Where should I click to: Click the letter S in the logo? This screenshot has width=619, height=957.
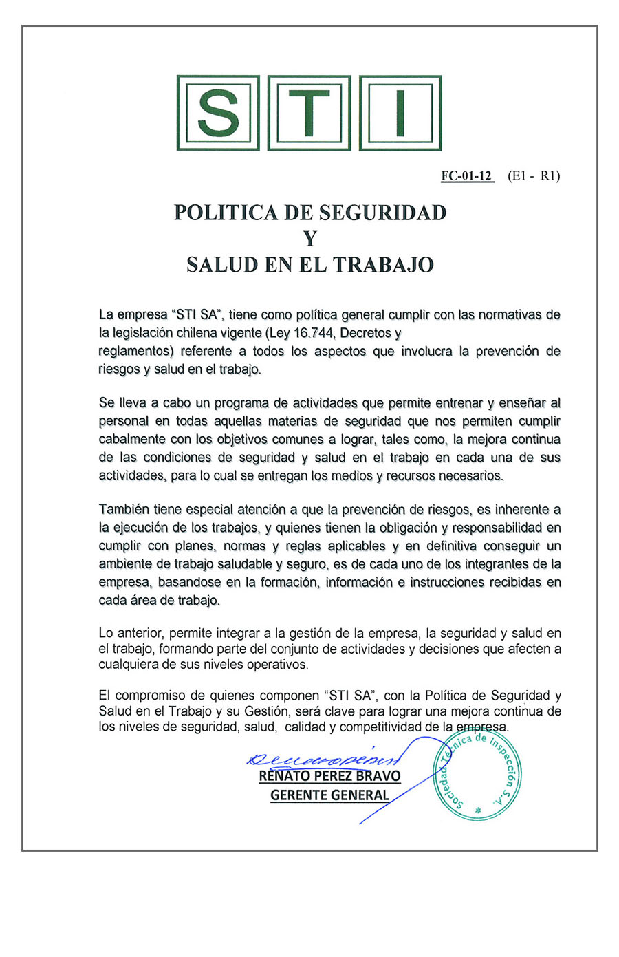[218, 113]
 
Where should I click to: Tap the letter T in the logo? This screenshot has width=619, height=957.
[309, 113]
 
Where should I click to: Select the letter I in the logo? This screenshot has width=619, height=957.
[400, 113]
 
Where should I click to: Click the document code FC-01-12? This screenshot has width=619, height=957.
[467, 176]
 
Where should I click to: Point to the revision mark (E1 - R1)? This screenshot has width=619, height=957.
[534, 176]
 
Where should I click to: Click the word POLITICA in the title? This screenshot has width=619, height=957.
[226, 213]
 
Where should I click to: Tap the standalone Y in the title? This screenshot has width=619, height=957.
[310, 239]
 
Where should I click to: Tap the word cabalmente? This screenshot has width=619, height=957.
[133, 440]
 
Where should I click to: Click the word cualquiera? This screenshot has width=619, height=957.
[129, 665]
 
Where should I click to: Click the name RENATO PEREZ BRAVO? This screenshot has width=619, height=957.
[329, 776]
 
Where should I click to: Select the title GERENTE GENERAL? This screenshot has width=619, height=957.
[329, 795]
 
